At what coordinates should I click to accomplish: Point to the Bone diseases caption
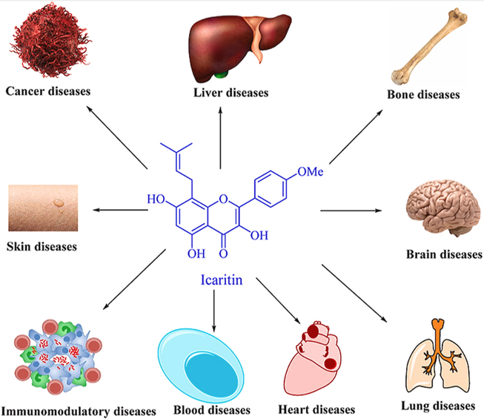point(423,95)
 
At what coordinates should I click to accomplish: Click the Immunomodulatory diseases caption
point(78,410)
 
